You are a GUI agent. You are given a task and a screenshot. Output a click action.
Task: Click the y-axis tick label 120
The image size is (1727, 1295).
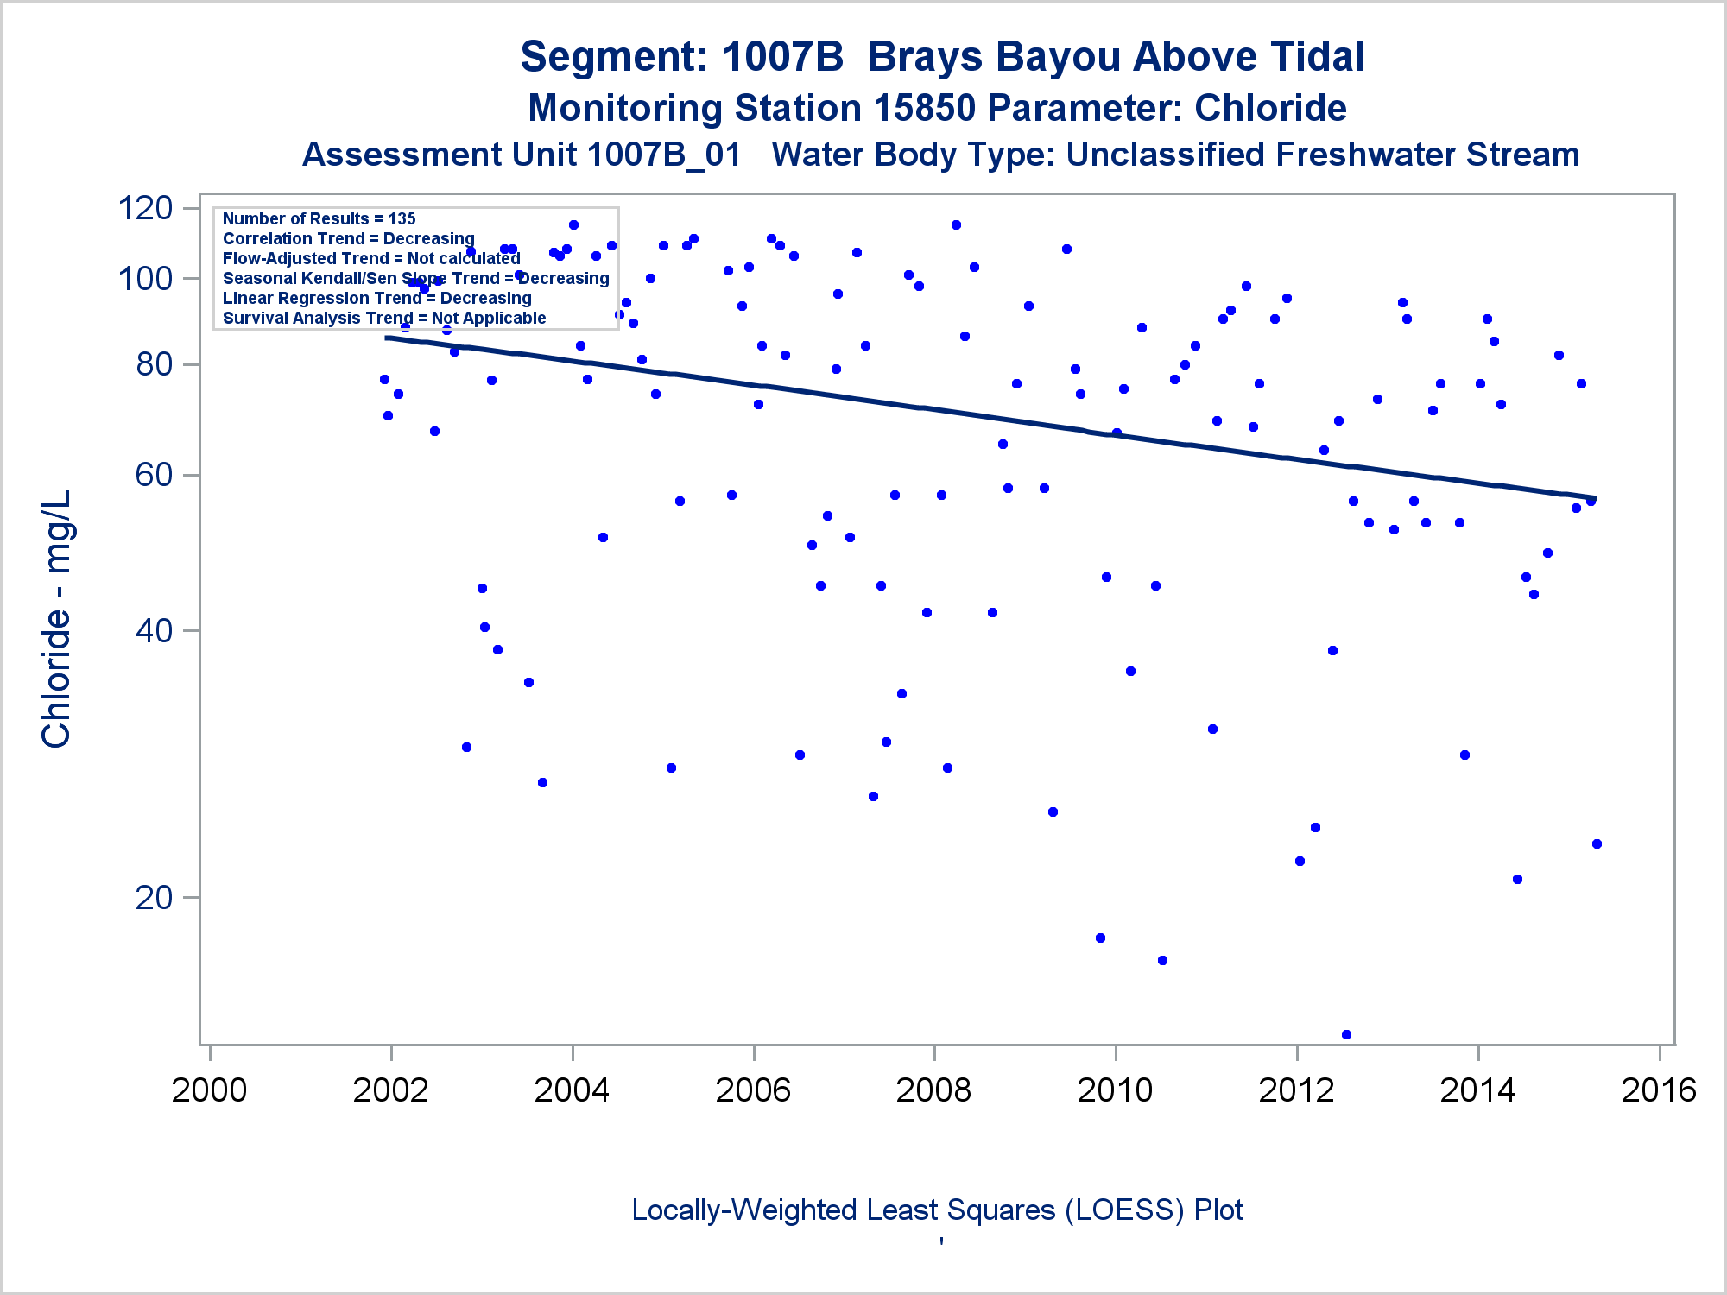[145, 208]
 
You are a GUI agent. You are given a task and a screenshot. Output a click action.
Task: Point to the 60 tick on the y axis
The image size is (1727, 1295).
[155, 475]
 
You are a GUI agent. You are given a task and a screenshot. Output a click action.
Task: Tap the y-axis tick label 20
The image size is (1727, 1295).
[155, 898]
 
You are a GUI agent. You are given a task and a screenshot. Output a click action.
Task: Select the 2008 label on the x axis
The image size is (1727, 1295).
[933, 1090]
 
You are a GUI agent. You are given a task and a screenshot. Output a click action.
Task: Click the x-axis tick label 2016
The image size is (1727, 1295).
[1658, 1090]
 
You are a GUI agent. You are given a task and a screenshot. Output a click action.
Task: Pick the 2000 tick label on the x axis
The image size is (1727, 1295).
[209, 1090]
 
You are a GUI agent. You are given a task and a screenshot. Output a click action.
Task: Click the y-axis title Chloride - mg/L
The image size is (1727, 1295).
[56, 619]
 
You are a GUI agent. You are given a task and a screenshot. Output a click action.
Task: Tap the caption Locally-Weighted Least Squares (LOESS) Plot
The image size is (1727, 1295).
[937, 1210]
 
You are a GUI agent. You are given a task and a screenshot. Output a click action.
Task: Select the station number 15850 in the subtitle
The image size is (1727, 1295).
[924, 109]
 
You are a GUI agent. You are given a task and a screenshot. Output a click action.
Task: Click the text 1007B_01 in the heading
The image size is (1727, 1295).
[663, 155]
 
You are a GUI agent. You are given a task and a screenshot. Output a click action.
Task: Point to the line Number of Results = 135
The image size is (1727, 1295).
[319, 218]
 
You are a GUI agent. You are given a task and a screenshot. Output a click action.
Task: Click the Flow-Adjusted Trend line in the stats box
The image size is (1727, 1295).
[371, 258]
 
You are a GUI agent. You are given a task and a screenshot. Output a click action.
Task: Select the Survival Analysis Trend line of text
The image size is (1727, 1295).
[384, 318]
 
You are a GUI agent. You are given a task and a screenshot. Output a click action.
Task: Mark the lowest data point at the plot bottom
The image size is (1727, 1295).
[1346, 1034]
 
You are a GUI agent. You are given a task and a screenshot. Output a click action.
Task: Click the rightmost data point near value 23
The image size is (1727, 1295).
[1597, 843]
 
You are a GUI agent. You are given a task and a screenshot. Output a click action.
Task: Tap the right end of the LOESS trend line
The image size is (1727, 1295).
[1594, 498]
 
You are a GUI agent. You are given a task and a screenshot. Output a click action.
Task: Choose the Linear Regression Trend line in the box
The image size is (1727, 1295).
[376, 298]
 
